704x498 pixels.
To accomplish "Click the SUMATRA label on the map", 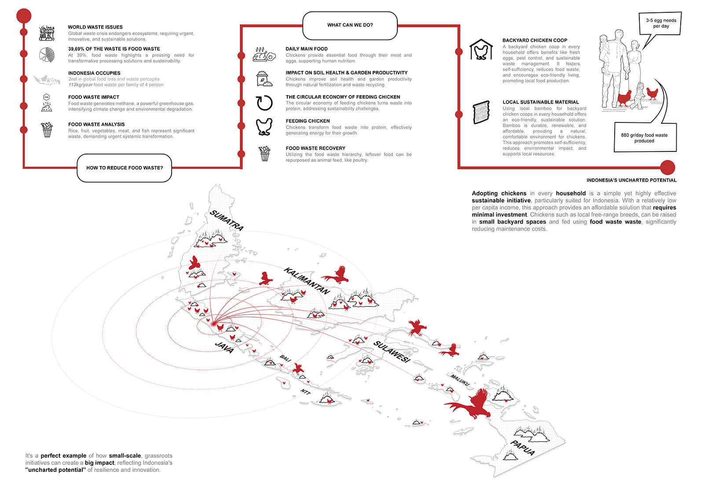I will pos(227,220).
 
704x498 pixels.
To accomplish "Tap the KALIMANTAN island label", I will pos(307,280).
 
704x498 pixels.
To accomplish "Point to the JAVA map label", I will pos(224,347).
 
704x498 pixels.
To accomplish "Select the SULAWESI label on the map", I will pos(392,351).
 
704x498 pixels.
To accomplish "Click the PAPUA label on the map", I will pos(523,447).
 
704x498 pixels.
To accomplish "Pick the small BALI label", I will pos(285,359).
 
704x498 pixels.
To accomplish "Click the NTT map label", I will pos(305,391).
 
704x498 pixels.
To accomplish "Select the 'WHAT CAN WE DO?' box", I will pos(350,25).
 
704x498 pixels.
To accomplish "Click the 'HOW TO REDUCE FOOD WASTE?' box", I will pos(125,168).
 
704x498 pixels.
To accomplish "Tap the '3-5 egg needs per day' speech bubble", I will pos(661,23).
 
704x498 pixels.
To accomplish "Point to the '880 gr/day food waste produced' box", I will pos(644,138).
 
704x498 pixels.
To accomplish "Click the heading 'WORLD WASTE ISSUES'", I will pos(95,27).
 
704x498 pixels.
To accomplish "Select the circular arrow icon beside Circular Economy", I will pos(264,103).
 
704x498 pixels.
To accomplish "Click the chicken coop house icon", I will pos(481,49).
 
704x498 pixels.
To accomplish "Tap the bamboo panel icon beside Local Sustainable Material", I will pos(481,112).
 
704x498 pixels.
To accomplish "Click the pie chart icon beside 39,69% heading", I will pos(47,55).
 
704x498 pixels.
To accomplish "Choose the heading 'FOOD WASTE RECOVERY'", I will pos(315,148).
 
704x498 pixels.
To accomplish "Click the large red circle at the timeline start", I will pos(24,16).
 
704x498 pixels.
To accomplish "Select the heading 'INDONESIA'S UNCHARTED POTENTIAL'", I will pos(631,180).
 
